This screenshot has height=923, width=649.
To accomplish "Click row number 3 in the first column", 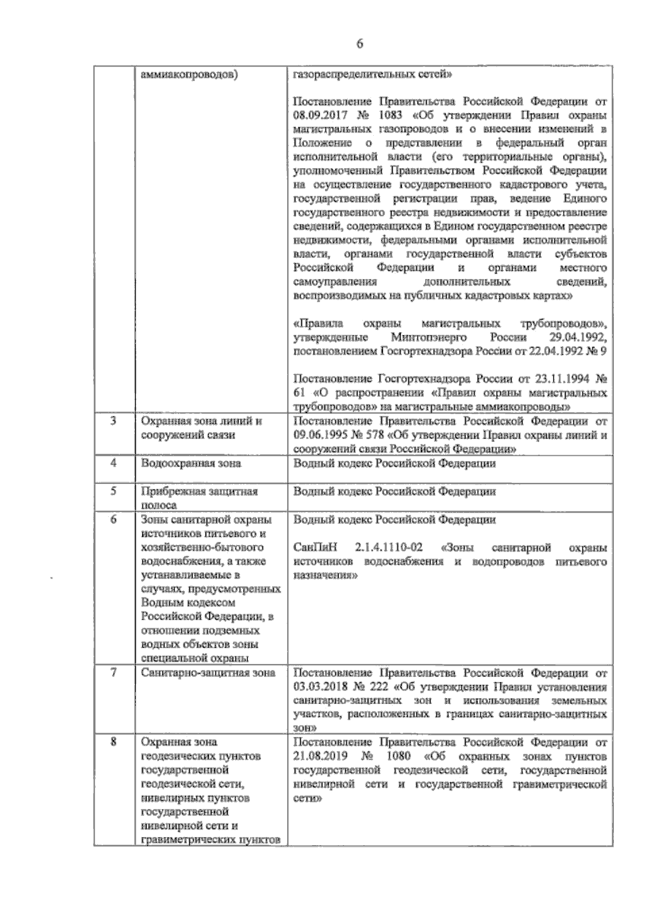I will pyautogui.click(x=113, y=421).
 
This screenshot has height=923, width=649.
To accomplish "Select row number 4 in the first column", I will pyautogui.click(x=113, y=463).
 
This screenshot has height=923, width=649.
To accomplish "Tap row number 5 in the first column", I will pyautogui.click(x=113, y=492).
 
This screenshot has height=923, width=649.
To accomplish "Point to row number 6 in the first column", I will pyautogui.click(x=113, y=520).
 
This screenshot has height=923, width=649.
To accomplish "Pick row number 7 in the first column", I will pyautogui.click(x=113, y=673).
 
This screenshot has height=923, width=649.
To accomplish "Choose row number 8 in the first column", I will pyautogui.click(x=113, y=742).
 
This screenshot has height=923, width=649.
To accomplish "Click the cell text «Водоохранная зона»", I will pyautogui.click(x=191, y=463).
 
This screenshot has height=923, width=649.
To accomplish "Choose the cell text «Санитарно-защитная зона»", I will pyautogui.click(x=208, y=673).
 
